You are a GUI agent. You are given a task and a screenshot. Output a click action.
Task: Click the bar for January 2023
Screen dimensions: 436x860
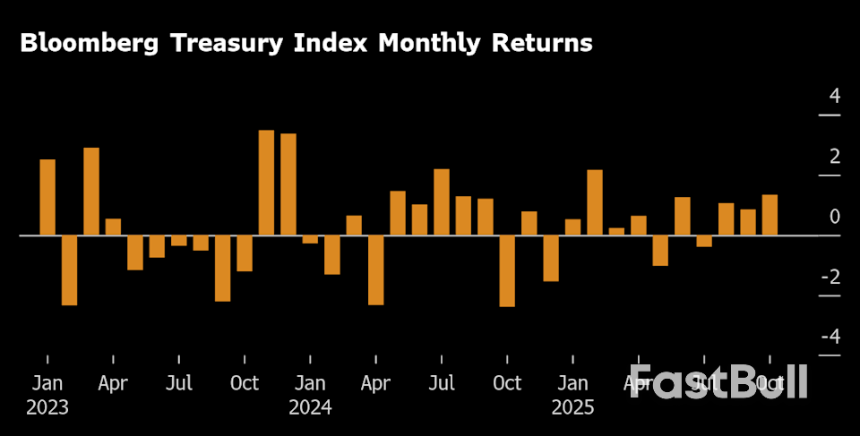[x=47, y=197]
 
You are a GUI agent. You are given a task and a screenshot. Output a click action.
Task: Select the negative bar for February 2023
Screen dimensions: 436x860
[x=69, y=269]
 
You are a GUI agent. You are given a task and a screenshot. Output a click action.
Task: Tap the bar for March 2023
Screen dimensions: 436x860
[x=91, y=191]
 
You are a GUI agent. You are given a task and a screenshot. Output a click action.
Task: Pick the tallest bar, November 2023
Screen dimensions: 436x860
[x=266, y=183]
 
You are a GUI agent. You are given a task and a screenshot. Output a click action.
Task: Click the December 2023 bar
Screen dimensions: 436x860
[x=288, y=184]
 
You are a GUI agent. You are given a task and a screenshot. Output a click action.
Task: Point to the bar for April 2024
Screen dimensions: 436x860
[x=375, y=269]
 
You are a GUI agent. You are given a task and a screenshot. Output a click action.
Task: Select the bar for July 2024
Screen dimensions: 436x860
[x=442, y=201]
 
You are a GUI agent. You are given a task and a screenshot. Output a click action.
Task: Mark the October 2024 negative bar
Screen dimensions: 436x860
[x=507, y=270]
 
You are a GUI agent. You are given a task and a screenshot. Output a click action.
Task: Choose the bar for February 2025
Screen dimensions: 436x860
[x=595, y=202]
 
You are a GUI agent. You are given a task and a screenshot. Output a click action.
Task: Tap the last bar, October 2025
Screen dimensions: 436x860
[x=770, y=215]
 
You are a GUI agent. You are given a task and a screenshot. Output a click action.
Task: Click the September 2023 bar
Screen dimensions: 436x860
[x=222, y=268]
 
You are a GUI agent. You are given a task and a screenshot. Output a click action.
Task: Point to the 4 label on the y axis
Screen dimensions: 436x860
[x=835, y=96]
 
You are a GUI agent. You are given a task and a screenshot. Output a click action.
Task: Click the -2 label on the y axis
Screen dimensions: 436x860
[x=830, y=277]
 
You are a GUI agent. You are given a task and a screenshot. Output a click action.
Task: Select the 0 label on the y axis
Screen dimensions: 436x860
[x=835, y=217]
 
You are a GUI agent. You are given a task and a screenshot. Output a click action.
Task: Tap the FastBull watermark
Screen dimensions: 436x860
[x=719, y=382]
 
